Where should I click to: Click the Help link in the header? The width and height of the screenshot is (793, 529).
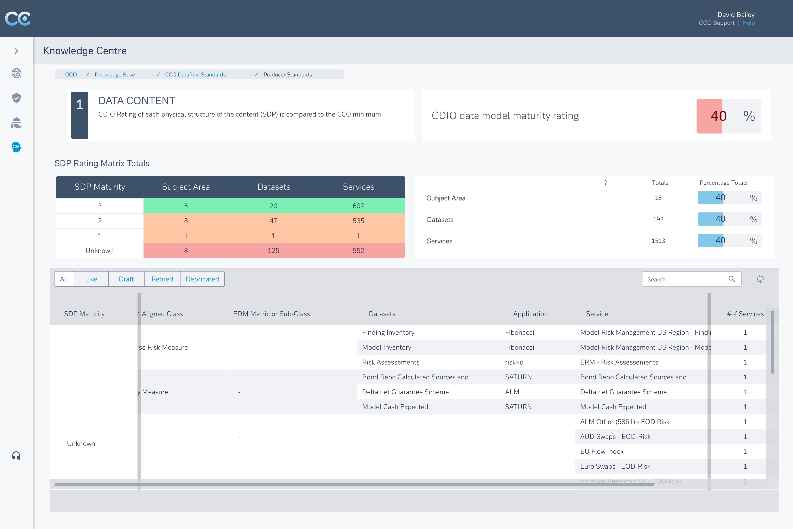748,23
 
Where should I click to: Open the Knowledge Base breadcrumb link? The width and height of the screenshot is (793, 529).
115,75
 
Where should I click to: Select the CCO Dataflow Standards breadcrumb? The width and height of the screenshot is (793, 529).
195,75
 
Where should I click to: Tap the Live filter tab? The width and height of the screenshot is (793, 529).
91,279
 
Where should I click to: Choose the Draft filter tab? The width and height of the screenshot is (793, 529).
126,279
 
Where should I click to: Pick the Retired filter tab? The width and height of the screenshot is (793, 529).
162,279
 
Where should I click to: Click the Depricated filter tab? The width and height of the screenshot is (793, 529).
202,279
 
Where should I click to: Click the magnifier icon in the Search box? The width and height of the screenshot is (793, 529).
731,279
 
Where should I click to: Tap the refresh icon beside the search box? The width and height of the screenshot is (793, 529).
760,279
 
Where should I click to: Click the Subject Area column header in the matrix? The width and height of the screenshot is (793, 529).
186,187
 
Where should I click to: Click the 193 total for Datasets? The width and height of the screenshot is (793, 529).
658,219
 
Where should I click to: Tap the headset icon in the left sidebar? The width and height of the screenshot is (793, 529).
16,456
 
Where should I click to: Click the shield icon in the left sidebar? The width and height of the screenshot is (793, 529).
16,98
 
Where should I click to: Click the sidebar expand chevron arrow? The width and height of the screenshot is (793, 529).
16,51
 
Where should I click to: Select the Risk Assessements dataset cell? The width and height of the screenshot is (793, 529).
391,362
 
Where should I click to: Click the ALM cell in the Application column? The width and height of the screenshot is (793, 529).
512,392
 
